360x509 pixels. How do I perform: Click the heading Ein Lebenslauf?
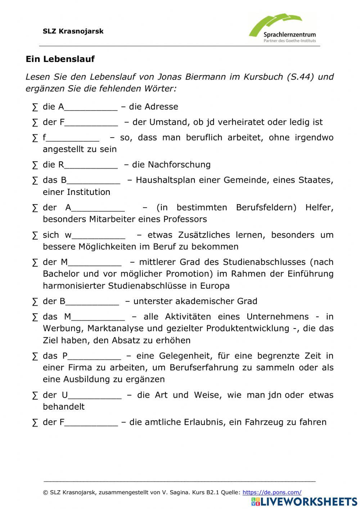(x=60, y=59)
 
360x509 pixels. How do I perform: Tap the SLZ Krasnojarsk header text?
(x=73, y=31)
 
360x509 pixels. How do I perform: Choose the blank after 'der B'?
(x=92, y=302)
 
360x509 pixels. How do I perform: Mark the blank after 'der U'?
(x=95, y=396)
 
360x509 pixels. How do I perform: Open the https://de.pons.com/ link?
(x=272, y=492)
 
